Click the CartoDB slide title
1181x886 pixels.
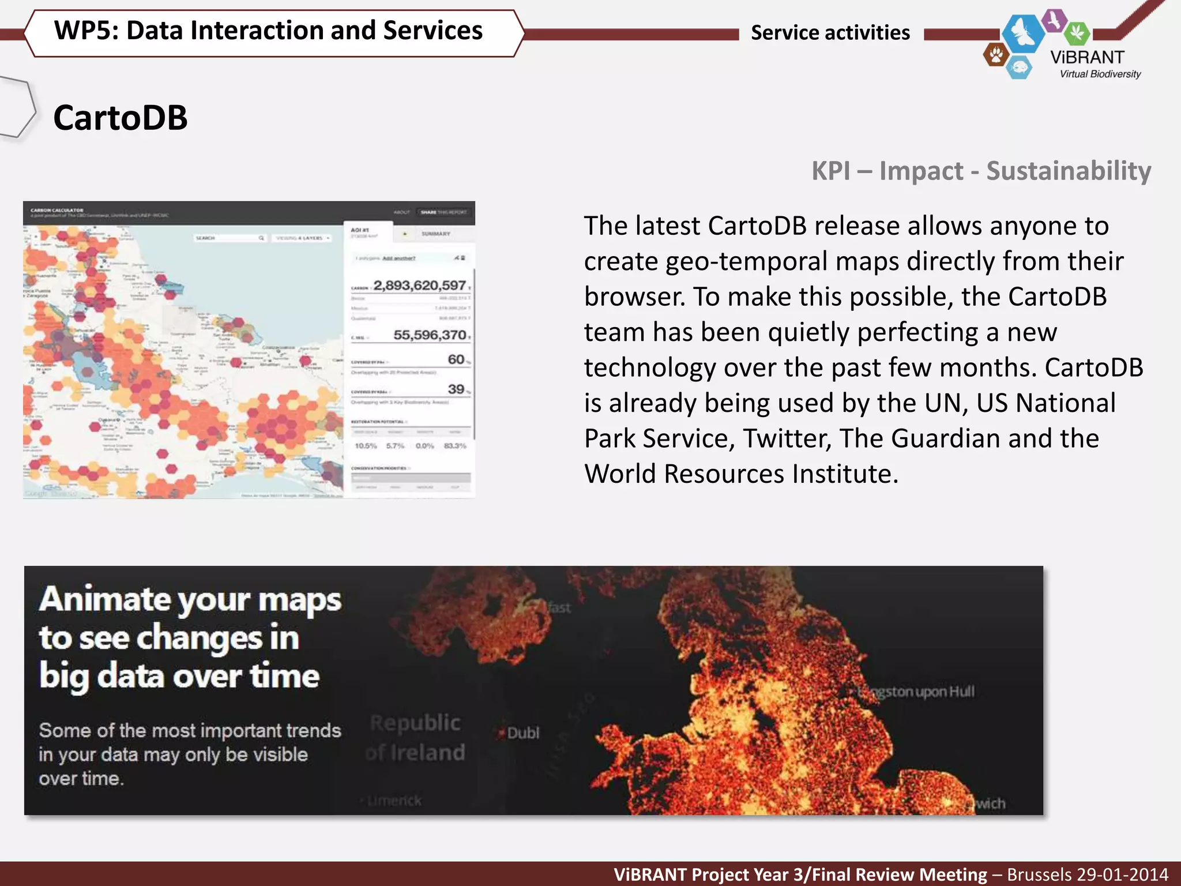120,118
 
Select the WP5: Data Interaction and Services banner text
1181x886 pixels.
268,31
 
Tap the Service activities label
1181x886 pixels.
830,33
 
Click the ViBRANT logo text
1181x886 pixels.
1087,57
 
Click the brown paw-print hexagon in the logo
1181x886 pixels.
996,55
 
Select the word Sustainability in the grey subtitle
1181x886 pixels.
1068,171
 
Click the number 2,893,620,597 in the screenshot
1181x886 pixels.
419,286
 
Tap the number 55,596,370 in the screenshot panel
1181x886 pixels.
430,335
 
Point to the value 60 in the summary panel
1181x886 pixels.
456,359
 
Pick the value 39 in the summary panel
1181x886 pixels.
456,389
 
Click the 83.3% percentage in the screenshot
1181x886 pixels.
455,446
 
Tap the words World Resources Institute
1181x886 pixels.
740,474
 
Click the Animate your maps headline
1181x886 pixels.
190,600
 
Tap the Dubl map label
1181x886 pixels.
522,733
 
